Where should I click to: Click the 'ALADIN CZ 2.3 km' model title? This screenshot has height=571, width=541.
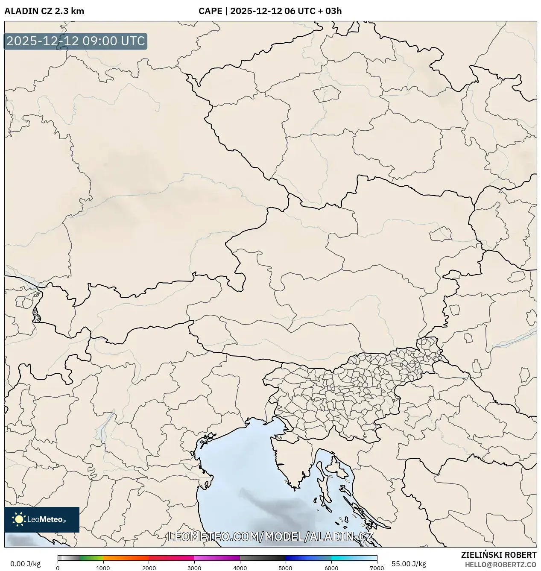44,11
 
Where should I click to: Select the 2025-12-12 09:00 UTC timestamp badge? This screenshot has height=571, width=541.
76,41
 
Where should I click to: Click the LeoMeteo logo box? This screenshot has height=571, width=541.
42,519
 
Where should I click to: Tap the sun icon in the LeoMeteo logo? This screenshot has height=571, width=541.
19,519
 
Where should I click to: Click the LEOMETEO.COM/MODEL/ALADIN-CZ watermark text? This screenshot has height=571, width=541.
271,536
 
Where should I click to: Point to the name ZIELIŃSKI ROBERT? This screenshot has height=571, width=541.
498,555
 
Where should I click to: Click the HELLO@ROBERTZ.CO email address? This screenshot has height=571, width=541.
500,564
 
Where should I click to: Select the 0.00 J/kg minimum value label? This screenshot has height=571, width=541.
25,564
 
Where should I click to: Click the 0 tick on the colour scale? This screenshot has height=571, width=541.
58,568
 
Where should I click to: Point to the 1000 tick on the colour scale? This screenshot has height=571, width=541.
103,568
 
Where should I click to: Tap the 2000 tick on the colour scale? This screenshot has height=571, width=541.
149,568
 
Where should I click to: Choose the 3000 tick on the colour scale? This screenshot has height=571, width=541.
194,568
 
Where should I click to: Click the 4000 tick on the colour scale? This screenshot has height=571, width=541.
240,568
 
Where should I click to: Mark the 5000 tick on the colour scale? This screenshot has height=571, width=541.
285,568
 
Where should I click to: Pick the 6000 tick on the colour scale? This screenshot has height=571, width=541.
331,568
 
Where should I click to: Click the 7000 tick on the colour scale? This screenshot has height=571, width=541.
377,568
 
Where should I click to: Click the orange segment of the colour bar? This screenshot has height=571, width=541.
126,558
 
